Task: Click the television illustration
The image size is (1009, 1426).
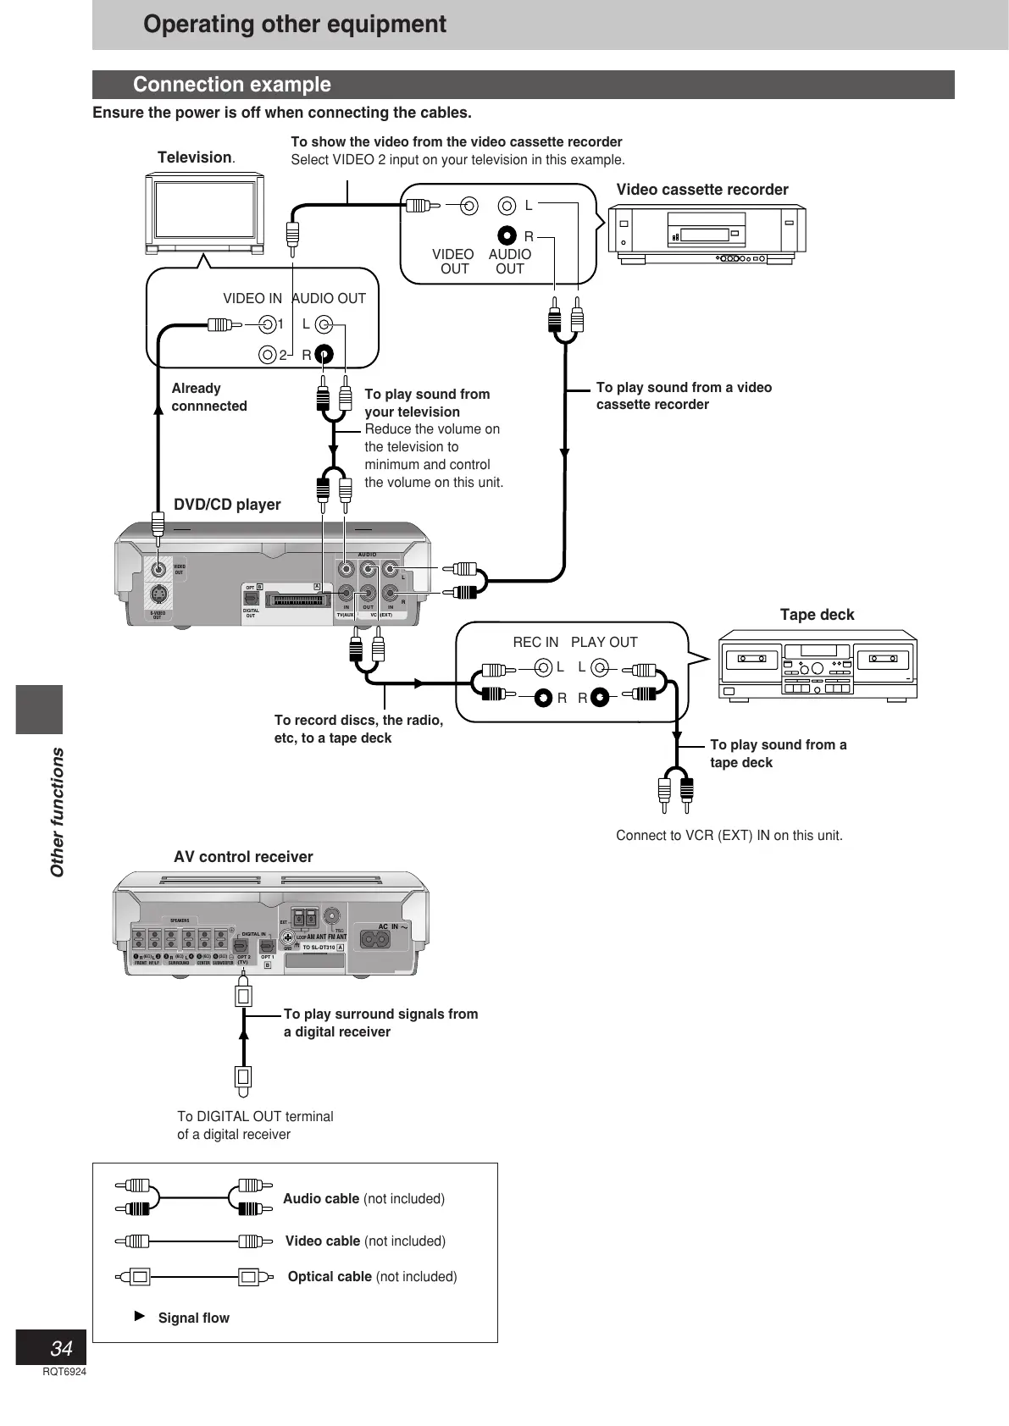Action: [204, 213]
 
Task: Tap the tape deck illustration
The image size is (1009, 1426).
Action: [818, 668]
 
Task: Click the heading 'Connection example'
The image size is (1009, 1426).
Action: [232, 85]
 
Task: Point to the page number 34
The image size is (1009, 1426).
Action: [61, 1348]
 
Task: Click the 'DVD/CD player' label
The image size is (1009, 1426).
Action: [227, 505]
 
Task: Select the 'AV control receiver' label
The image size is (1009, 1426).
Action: [243, 857]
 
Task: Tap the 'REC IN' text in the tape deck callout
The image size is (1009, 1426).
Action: [535, 642]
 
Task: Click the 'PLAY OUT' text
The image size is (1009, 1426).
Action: [604, 642]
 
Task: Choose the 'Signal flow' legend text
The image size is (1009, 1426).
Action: [193, 1318]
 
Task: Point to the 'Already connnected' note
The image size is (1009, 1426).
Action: [209, 397]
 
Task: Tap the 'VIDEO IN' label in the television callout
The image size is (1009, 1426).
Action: [252, 298]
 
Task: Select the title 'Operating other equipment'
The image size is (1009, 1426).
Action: [295, 24]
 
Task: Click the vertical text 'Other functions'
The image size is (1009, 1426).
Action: [58, 812]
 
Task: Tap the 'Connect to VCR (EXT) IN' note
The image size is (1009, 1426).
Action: [729, 836]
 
